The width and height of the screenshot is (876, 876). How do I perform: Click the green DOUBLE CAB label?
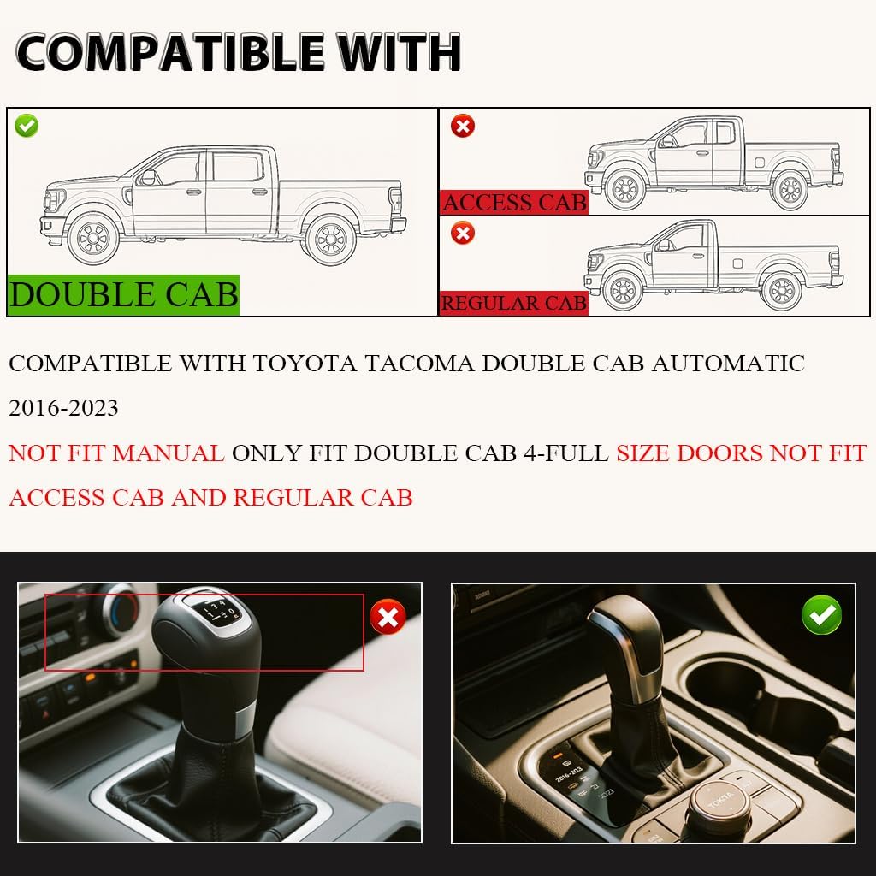(x=124, y=293)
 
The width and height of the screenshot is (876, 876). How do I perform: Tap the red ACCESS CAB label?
(x=514, y=202)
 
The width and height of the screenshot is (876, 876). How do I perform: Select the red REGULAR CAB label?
(x=514, y=302)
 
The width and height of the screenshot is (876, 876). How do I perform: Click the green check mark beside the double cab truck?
(x=27, y=126)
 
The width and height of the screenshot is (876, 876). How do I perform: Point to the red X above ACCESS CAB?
(x=463, y=127)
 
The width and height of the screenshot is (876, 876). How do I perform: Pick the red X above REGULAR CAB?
(x=463, y=233)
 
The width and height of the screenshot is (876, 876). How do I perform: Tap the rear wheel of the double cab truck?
(x=329, y=239)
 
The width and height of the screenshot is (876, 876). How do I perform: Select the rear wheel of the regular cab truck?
(x=782, y=291)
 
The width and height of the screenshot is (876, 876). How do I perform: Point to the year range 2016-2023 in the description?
(x=64, y=408)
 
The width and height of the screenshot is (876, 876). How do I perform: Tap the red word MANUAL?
(x=169, y=453)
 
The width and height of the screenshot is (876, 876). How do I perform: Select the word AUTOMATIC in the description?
(x=728, y=363)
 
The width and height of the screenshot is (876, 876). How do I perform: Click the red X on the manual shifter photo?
(x=388, y=617)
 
